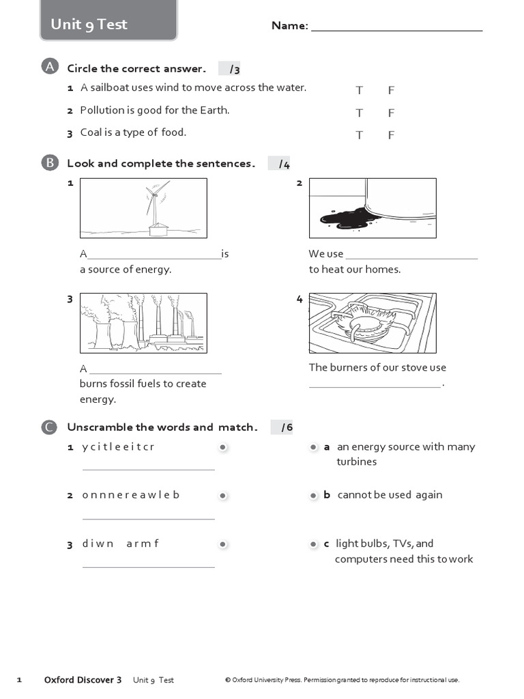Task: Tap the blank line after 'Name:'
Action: [396, 30]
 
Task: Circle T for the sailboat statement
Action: [359, 91]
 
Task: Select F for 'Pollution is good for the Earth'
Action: [391, 113]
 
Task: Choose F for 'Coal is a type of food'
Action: [391, 135]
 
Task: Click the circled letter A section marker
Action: [50, 67]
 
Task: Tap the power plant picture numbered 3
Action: [143, 323]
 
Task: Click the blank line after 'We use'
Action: [411, 259]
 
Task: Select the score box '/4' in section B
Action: [279, 164]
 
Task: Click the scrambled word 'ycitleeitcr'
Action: [118, 446]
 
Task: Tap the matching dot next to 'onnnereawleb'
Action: [223, 496]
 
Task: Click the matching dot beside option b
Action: [314, 496]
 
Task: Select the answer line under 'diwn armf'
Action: [149, 567]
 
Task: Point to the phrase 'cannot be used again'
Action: [390, 495]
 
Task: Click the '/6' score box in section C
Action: [282, 427]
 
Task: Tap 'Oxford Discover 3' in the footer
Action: [83, 680]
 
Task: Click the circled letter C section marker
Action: [49, 427]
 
